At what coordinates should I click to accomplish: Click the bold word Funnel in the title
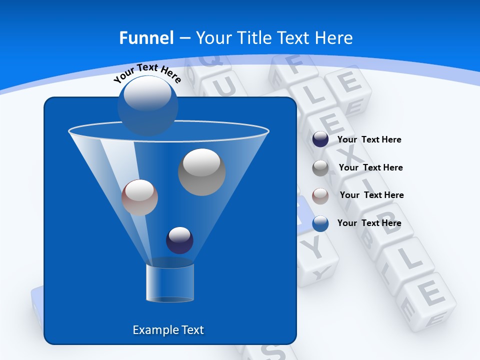pos(146,38)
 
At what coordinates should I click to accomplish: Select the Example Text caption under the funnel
pos(168,329)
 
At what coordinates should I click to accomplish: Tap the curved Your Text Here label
pos(147,73)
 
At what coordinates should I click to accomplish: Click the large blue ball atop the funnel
pos(147,105)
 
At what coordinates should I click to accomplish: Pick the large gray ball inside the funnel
pos(201,172)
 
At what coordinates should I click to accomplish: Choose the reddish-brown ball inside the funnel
pos(139,197)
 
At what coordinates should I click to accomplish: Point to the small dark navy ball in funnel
pos(179,240)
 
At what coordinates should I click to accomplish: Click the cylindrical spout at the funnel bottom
pos(170,282)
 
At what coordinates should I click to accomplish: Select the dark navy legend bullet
pos(320,139)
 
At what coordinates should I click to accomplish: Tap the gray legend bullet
pos(320,167)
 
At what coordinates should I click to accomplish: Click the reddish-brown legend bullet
pos(320,195)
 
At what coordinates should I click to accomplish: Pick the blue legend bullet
pos(320,223)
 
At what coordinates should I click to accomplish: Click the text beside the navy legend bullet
pos(369,139)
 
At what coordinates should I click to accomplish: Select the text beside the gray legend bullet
pos(370,167)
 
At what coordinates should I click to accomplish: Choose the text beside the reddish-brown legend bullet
pos(371,195)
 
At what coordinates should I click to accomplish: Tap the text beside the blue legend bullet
pos(369,223)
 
